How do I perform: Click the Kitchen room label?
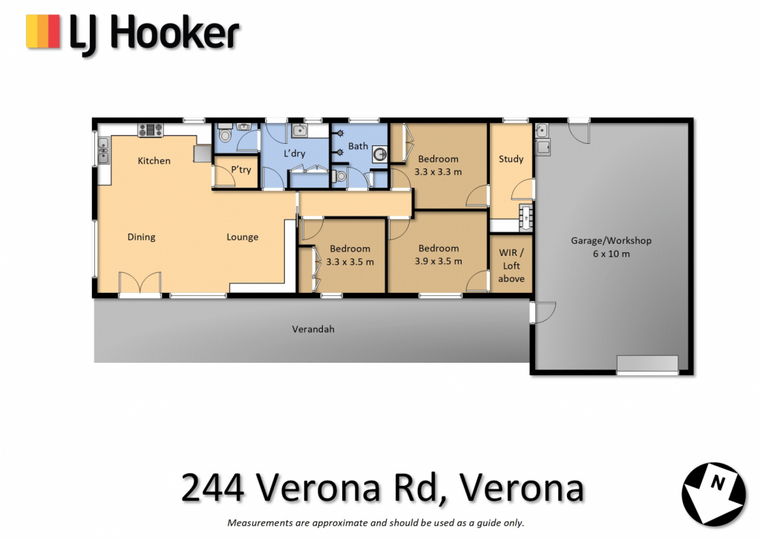pos(154,161)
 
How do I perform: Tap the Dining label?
pos(142,237)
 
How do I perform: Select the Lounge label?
pos(243,237)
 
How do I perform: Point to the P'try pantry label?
pos(241,170)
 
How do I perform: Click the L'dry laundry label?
pos(294,154)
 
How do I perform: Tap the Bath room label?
pos(358,146)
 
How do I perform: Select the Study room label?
pos(511,159)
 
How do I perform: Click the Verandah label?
pos(313,329)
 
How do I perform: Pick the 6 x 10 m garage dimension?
pos(612,254)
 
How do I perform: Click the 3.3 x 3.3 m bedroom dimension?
pos(438,172)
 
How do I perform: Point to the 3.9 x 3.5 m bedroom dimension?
pos(438,262)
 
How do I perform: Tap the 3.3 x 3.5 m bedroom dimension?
pos(350,262)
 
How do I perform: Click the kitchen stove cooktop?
pos(151,130)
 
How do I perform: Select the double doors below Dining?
pos(140,283)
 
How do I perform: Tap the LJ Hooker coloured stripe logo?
pos(43,31)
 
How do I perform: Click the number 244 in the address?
pos(213,487)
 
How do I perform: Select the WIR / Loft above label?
pos(511,266)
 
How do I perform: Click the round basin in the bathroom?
pos(380,155)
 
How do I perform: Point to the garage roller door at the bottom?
pos(647,364)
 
